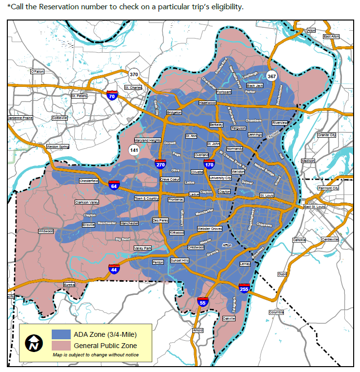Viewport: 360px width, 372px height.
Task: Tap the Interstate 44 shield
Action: point(113,269)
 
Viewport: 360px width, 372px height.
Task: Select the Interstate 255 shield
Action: point(244,289)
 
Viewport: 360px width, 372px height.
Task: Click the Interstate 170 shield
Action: point(209,164)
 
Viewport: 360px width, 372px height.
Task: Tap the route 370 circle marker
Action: point(134,74)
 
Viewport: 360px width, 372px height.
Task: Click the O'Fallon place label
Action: point(37,71)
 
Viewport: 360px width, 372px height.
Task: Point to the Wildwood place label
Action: point(46,231)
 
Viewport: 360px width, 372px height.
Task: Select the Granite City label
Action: point(326,135)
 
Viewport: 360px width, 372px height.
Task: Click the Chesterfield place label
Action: point(89,181)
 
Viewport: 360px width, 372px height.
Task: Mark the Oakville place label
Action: point(229,318)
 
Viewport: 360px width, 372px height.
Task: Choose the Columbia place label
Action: point(276,312)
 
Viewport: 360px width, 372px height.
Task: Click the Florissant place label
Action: point(224,92)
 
